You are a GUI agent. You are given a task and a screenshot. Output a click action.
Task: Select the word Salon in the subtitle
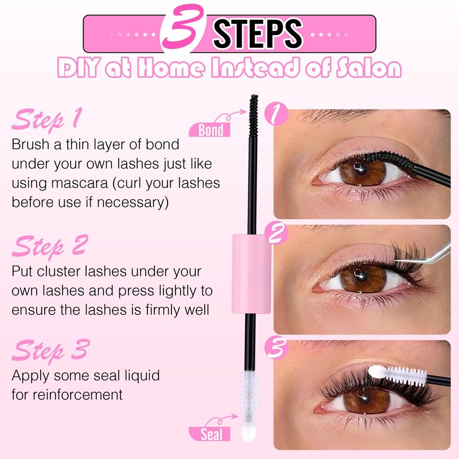(369, 68)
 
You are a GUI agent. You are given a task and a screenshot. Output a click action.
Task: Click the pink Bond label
(209, 130)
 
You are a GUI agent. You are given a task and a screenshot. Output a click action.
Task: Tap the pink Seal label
(209, 434)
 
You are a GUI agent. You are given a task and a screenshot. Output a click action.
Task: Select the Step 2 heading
(50, 246)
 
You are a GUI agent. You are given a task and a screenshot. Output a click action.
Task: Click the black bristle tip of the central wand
(254, 116)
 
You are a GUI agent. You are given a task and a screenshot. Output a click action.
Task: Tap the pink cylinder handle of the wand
(252, 274)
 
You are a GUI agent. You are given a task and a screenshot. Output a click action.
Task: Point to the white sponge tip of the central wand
(248, 430)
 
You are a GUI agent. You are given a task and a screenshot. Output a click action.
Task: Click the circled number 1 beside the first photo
(276, 114)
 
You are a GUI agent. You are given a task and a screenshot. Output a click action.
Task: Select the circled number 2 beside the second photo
(276, 233)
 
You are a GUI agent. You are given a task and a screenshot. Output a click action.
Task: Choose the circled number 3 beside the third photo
(276, 348)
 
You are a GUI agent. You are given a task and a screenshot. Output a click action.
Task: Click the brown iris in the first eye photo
(363, 172)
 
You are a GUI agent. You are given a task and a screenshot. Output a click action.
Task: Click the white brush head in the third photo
(397, 375)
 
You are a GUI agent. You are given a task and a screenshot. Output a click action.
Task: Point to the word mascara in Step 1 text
(79, 183)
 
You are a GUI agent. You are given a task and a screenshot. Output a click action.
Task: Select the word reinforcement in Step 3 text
(77, 395)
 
